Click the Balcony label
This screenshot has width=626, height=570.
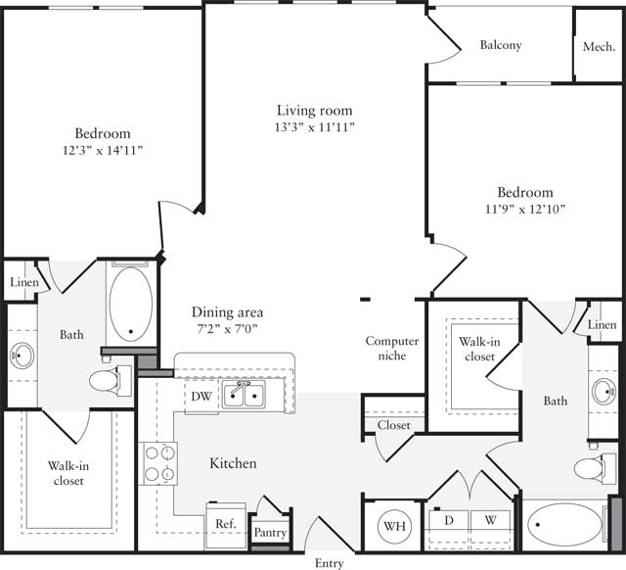(500, 45)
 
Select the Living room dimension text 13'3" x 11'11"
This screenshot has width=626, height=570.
(314, 127)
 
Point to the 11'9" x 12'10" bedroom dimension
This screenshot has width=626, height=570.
(525, 209)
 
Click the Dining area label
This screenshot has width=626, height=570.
(227, 312)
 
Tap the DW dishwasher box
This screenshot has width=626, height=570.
(201, 396)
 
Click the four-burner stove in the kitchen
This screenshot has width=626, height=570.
(159, 463)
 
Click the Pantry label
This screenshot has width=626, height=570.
(269, 534)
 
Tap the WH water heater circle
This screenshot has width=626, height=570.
(394, 527)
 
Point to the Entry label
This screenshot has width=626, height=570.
(329, 562)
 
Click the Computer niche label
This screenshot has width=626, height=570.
(392, 348)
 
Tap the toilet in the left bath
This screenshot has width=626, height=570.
(109, 379)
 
